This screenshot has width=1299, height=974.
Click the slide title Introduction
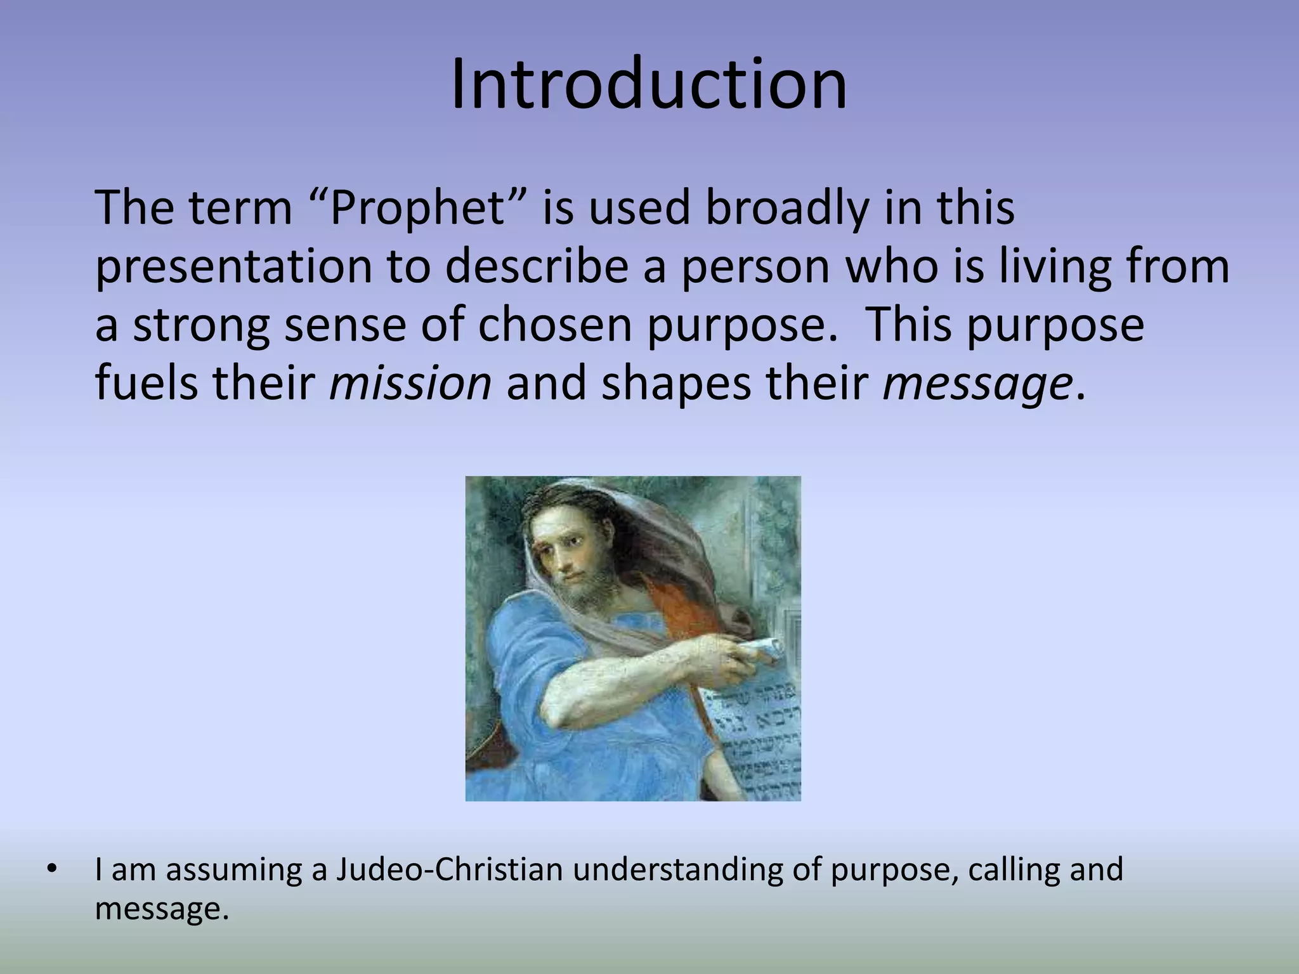click(649, 86)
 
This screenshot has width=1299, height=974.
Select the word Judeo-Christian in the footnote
click(449, 869)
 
